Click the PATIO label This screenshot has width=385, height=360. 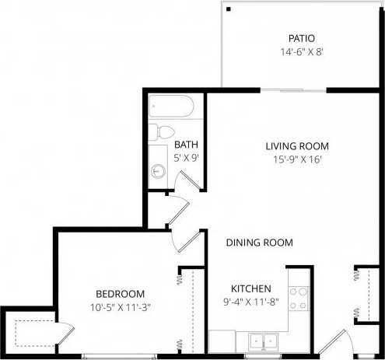pyautogui.click(x=301, y=37)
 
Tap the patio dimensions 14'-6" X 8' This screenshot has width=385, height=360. pyautogui.click(x=301, y=51)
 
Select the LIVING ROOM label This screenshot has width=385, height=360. pyautogui.click(x=296, y=145)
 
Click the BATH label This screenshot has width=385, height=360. pyautogui.click(x=185, y=145)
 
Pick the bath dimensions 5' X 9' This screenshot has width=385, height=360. pyautogui.click(x=187, y=158)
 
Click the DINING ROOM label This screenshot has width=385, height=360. pyautogui.click(x=259, y=243)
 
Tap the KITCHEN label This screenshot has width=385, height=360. pyautogui.click(x=250, y=287)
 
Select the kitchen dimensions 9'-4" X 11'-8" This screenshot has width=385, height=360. pyautogui.click(x=250, y=301)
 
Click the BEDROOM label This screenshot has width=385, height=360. pyautogui.click(x=120, y=293)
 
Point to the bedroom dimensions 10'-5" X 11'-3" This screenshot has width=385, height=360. pyautogui.click(x=120, y=307)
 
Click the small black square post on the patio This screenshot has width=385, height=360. pyautogui.click(x=229, y=9)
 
